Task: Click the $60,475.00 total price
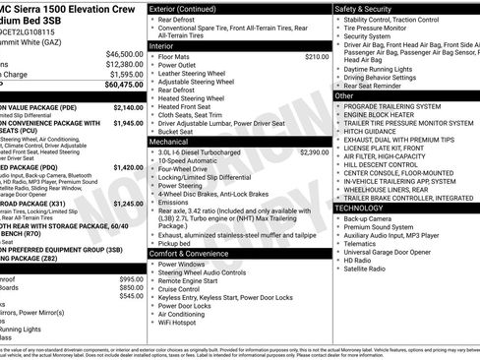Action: (117, 86)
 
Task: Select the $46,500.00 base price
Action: (119, 54)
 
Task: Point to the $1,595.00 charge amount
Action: (121, 74)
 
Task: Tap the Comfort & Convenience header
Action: (193, 255)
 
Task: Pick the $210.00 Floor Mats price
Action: (316, 57)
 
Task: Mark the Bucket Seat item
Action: (180, 131)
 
